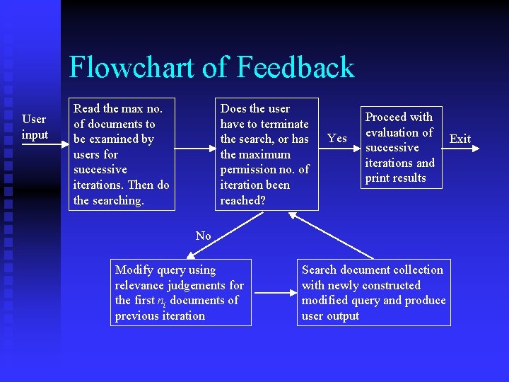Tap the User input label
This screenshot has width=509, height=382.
(35, 127)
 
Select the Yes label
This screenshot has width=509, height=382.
(337, 138)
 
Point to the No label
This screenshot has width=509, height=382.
(203, 236)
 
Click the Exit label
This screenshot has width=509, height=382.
(460, 139)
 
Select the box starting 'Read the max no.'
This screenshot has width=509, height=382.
(121, 154)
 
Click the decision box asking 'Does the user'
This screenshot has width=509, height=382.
(266, 154)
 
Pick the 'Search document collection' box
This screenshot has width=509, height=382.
(373, 292)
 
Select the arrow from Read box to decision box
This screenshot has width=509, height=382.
(194, 149)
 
